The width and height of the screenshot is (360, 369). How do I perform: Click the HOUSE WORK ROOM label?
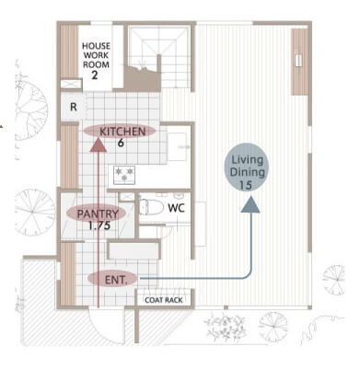(x=96, y=55)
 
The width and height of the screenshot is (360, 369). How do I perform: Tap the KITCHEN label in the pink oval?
(x=122, y=132)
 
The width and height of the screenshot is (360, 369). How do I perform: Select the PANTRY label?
(x=98, y=213)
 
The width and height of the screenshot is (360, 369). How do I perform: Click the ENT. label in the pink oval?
(x=116, y=280)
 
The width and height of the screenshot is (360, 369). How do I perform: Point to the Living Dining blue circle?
(x=247, y=167)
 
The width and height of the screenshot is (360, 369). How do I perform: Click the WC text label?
(x=176, y=208)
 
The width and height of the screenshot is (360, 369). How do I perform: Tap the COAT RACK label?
(x=164, y=300)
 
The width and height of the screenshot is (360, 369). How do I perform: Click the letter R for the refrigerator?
(x=74, y=107)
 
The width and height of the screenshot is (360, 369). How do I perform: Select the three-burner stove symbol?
(x=124, y=175)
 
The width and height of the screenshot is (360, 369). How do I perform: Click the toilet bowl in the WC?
(x=151, y=207)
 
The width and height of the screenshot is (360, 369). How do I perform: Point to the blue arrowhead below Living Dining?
(x=250, y=204)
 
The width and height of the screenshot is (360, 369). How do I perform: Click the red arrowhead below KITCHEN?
(x=99, y=144)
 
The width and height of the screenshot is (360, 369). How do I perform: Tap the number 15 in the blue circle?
(x=245, y=185)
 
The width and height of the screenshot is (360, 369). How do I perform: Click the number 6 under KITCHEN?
(x=121, y=143)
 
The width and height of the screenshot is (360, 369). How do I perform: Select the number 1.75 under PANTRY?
(x=99, y=225)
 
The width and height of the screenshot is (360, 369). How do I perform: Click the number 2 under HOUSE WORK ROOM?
(x=95, y=75)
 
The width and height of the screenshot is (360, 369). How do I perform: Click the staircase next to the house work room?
(x=158, y=58)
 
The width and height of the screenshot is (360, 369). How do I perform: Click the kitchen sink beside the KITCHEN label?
(x=178, y=146)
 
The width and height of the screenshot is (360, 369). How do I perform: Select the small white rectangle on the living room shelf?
(x=298, y=60)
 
